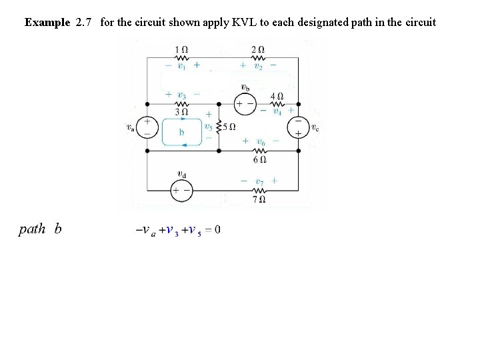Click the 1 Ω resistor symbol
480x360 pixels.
click(x=180, y=58)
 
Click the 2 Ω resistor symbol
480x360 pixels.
click(x=258, y=58)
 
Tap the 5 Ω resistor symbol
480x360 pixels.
click(x=219, y=127)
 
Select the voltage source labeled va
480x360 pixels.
click(x=147, y=127)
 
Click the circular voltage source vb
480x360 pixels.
click(x=245, y=104)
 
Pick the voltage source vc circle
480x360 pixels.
click(x=297, y=127)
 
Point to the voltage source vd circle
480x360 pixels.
click(x=181, y=191)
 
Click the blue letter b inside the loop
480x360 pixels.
click(x=181, y=132)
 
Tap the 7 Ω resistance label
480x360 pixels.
click(x=259, y=199)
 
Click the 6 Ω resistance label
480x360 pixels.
click(x=260, y=159)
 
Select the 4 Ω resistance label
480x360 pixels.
click(x=277, y=95)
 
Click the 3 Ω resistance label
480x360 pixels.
click(x=180, y=112)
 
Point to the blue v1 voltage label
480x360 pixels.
click(x=181, y=66)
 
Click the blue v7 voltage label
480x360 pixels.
click(x=259, y=181)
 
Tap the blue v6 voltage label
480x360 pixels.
click(x=260, y=141)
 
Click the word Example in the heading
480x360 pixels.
click(x=47, y=22)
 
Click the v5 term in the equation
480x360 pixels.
click(x=193, y=231)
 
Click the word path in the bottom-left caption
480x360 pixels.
click(x=32, y=229)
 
